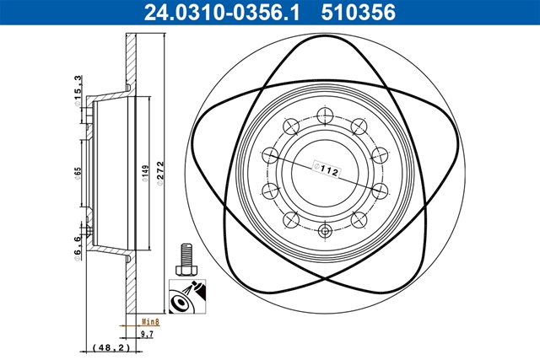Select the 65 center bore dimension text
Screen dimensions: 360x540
point(77,175)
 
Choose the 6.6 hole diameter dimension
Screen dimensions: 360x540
point(77,250)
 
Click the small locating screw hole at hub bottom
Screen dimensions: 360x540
point(326,230)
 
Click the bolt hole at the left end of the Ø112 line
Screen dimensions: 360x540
point(272,155)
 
